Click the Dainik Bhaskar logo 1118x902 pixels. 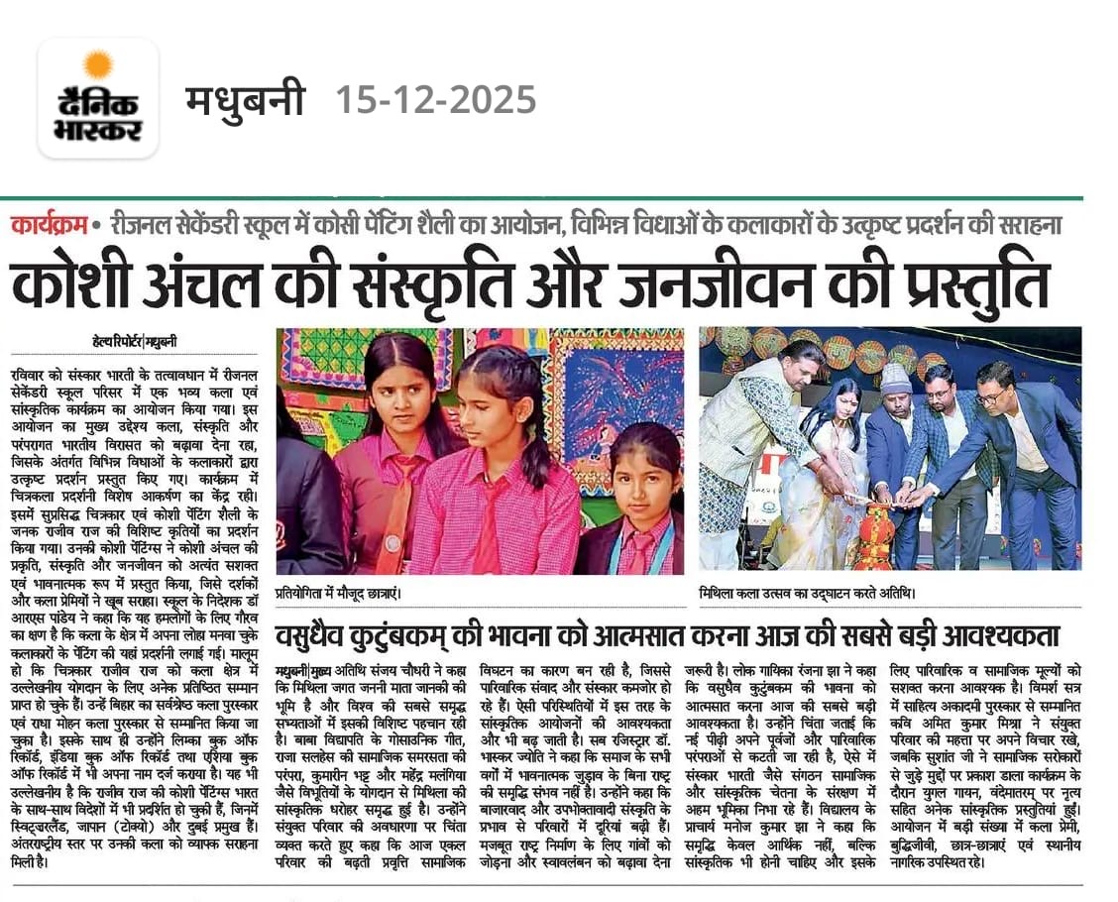coord(98,98)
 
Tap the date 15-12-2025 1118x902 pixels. coord(435,100)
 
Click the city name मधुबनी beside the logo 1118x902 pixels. coord(245,100)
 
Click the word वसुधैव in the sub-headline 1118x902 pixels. coord(322,634)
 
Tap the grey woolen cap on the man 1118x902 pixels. coord(895,379)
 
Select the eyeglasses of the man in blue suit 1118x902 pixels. coord(991,395)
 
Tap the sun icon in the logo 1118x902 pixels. coord(98,65)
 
